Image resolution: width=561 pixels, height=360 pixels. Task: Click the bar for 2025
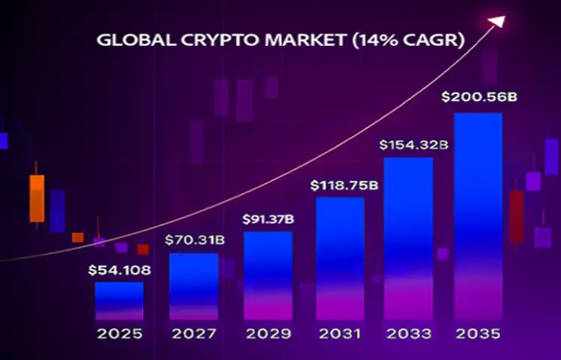pyautogui.click(x=119, y=301)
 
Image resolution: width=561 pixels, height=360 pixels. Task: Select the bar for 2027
pyautogui.click(x=194, y=287)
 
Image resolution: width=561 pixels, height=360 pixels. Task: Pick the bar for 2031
pyautogui.click(x=340, y=259)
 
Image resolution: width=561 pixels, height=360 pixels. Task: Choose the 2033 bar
pyautogui.click(x=409, y=239)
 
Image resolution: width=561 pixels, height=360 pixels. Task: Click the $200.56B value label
pyautogui.click(x=471, y=97)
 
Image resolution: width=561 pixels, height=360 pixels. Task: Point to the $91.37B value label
pyautogui.click(x=268, y=219)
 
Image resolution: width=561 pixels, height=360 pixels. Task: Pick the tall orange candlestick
pyautogui.click(x=37, y=198)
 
